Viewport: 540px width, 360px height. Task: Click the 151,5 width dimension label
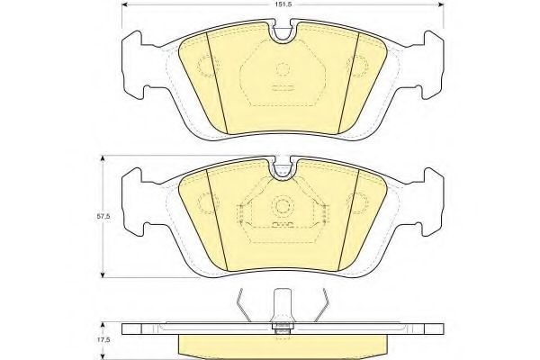click(x=283, y=4)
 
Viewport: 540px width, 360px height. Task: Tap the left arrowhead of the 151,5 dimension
click(x=125, y=4)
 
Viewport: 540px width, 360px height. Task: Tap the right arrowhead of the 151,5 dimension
click(x=440, y=4)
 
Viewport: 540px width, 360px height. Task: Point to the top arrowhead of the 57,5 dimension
click(x=103, y=158)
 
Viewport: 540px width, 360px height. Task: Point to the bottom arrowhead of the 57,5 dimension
click(x=103, y=274)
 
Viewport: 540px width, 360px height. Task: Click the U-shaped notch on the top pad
click(x=283, y=33)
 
